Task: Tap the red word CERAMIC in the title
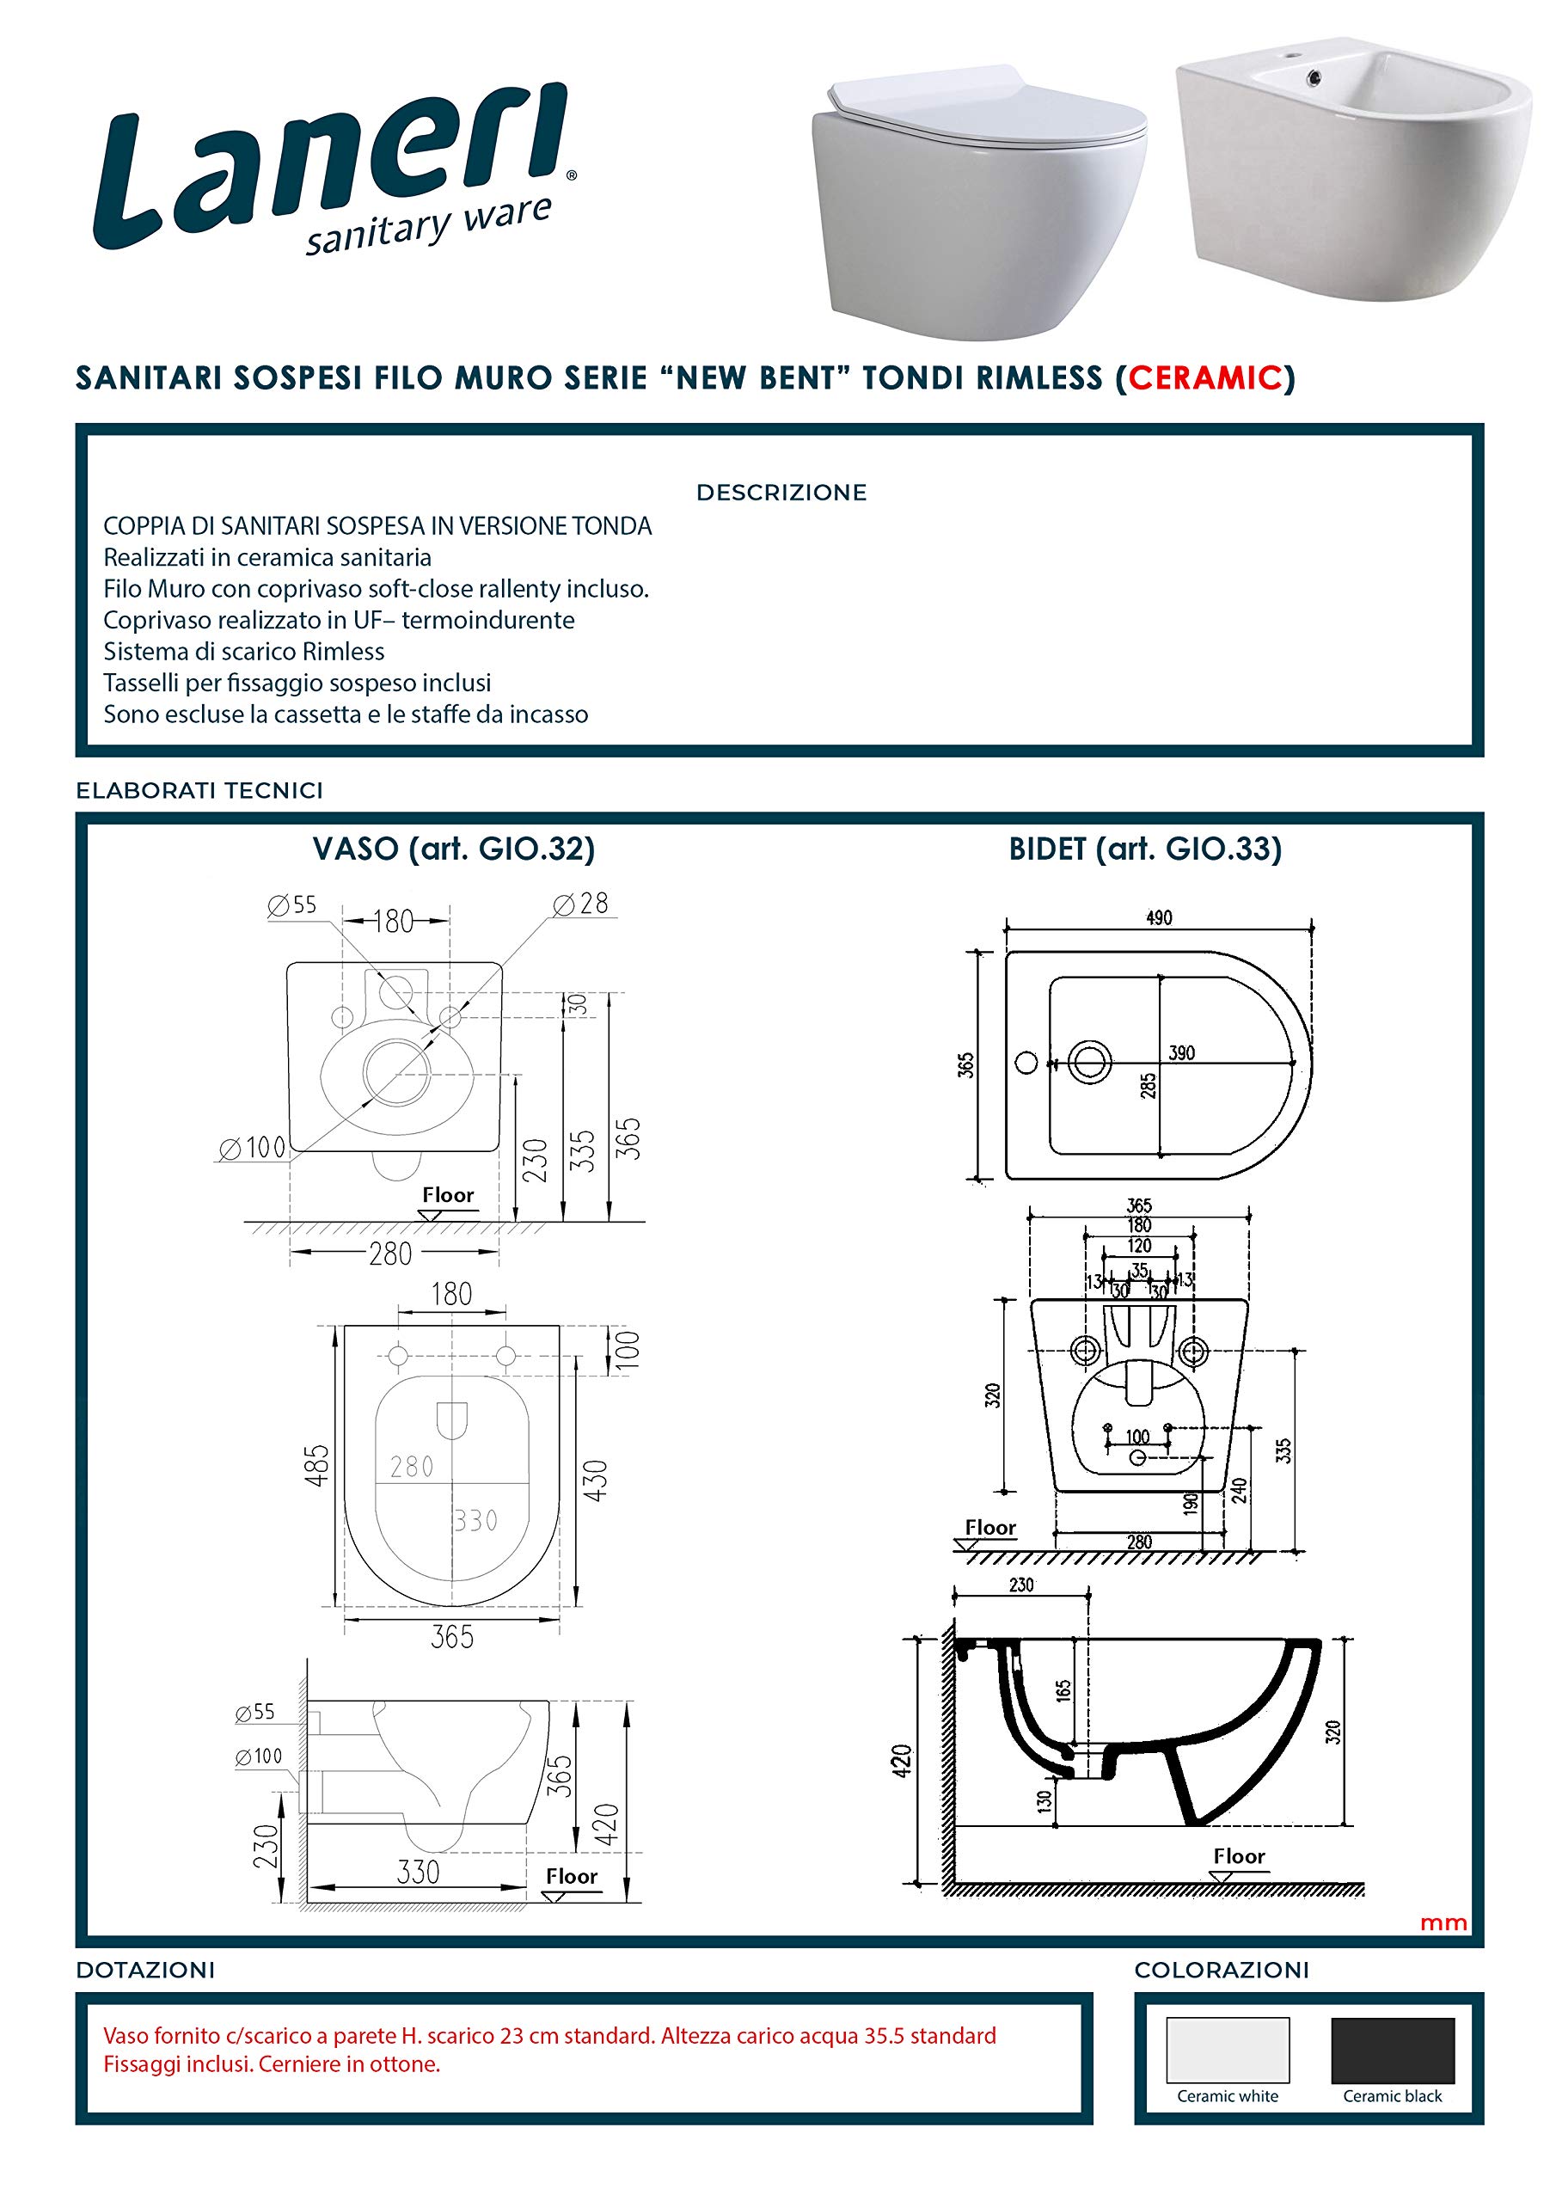click(1205, 378)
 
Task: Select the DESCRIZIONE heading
click(781, 493)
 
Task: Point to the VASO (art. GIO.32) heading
click(453, 849)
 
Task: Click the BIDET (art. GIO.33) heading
click(1145, 849)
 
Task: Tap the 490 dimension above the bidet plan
click(1159, 917)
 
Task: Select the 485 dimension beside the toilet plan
click(316, 1465)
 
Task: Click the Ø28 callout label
click(581, 903)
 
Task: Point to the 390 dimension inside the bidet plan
click(1182, 1052)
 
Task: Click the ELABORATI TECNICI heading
click(199, 791)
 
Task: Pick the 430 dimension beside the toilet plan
click(596, 1481)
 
